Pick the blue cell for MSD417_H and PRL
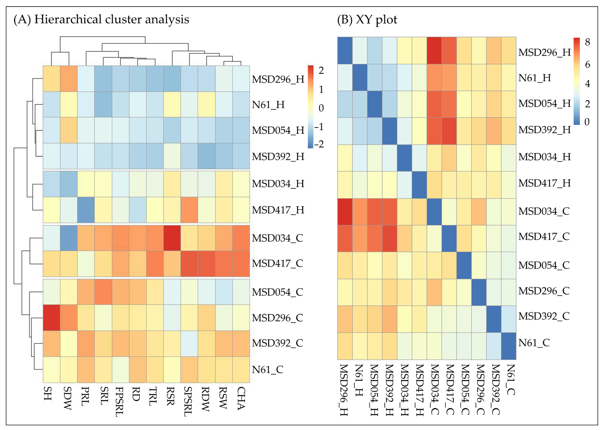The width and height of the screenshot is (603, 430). coord(86,210)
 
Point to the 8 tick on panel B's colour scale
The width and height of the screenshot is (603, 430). coord(587,42)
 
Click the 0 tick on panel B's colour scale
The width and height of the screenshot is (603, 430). coord(587,122)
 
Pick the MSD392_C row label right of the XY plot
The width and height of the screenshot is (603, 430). coord(544,316)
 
